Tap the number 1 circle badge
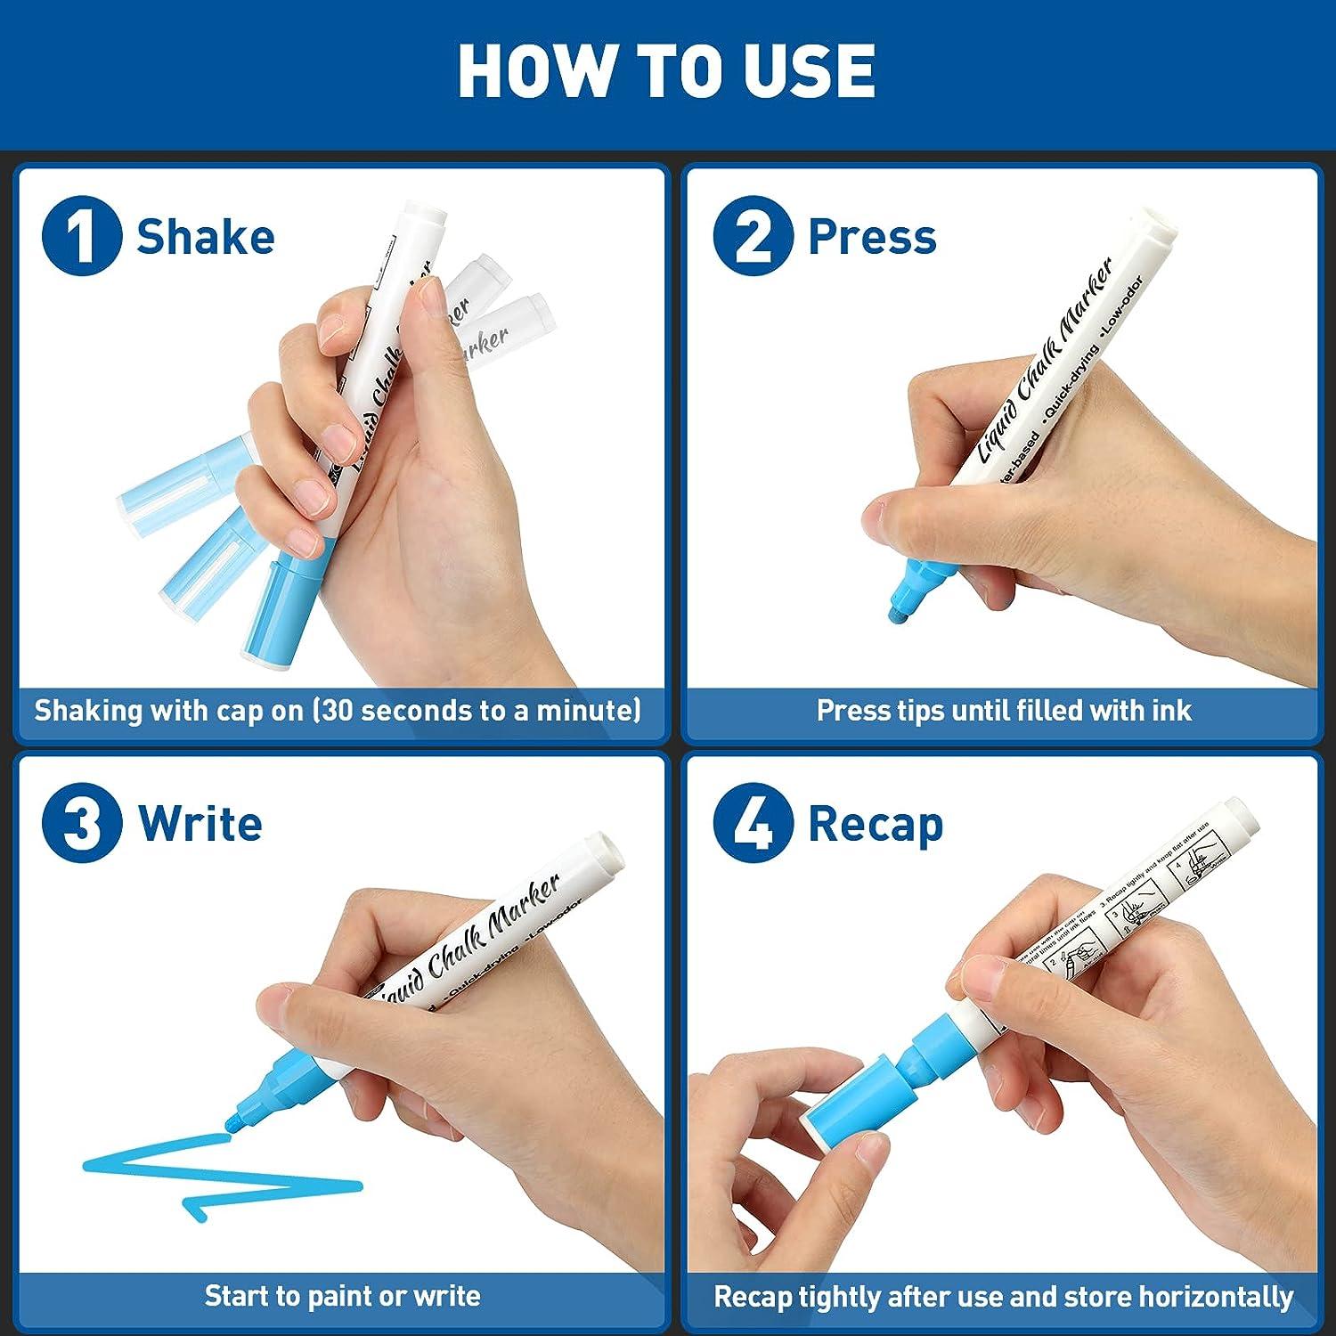82,236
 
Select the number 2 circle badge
753,236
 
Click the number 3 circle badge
82,823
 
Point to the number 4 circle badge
753,824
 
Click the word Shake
205,237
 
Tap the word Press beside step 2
872,237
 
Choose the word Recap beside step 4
875,825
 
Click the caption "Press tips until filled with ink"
1003,711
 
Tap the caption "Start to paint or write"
342,1296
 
